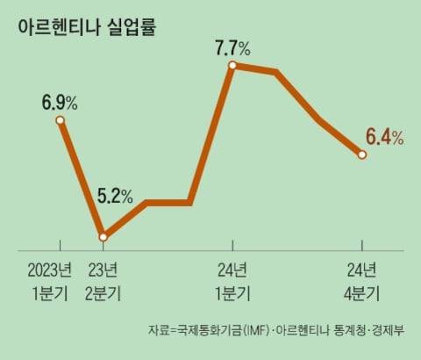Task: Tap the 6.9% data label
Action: click(59, 103)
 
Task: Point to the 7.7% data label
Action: click(232, 46)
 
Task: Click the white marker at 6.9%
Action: click(60, 120)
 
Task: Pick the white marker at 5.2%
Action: click(103, 236)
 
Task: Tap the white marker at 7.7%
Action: click(232, 65)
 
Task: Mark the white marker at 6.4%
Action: click(362, 155)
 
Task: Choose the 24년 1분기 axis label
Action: click(232, 280)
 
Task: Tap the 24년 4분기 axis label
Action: click(361, 280)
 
